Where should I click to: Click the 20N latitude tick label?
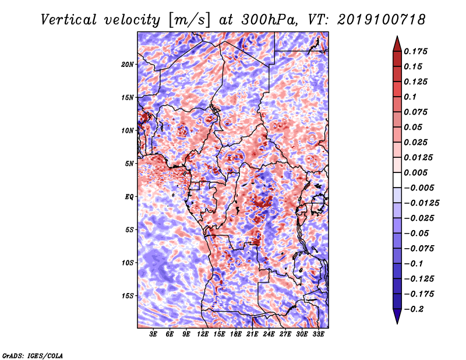[128, 65]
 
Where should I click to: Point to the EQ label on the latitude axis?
[129, 197]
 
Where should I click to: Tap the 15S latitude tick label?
[128, 296]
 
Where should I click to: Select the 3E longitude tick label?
[153, 334]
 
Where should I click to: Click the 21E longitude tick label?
[252, 334]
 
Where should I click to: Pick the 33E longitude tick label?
[318, 334]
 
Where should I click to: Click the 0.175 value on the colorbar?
[415, 51]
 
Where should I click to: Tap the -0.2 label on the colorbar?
[414, 309]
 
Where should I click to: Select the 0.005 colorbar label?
[415, 172]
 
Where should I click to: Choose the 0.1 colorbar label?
[410, 97]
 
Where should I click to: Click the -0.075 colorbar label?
[419, 249]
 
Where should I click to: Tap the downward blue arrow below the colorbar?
[397, 316]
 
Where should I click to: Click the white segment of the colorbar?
[397, 180]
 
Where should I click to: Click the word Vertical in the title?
[69, 20]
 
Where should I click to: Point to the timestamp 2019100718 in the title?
[382, 20]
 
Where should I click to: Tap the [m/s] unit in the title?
[189, 20]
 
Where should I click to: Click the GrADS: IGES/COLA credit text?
[33, 355]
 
